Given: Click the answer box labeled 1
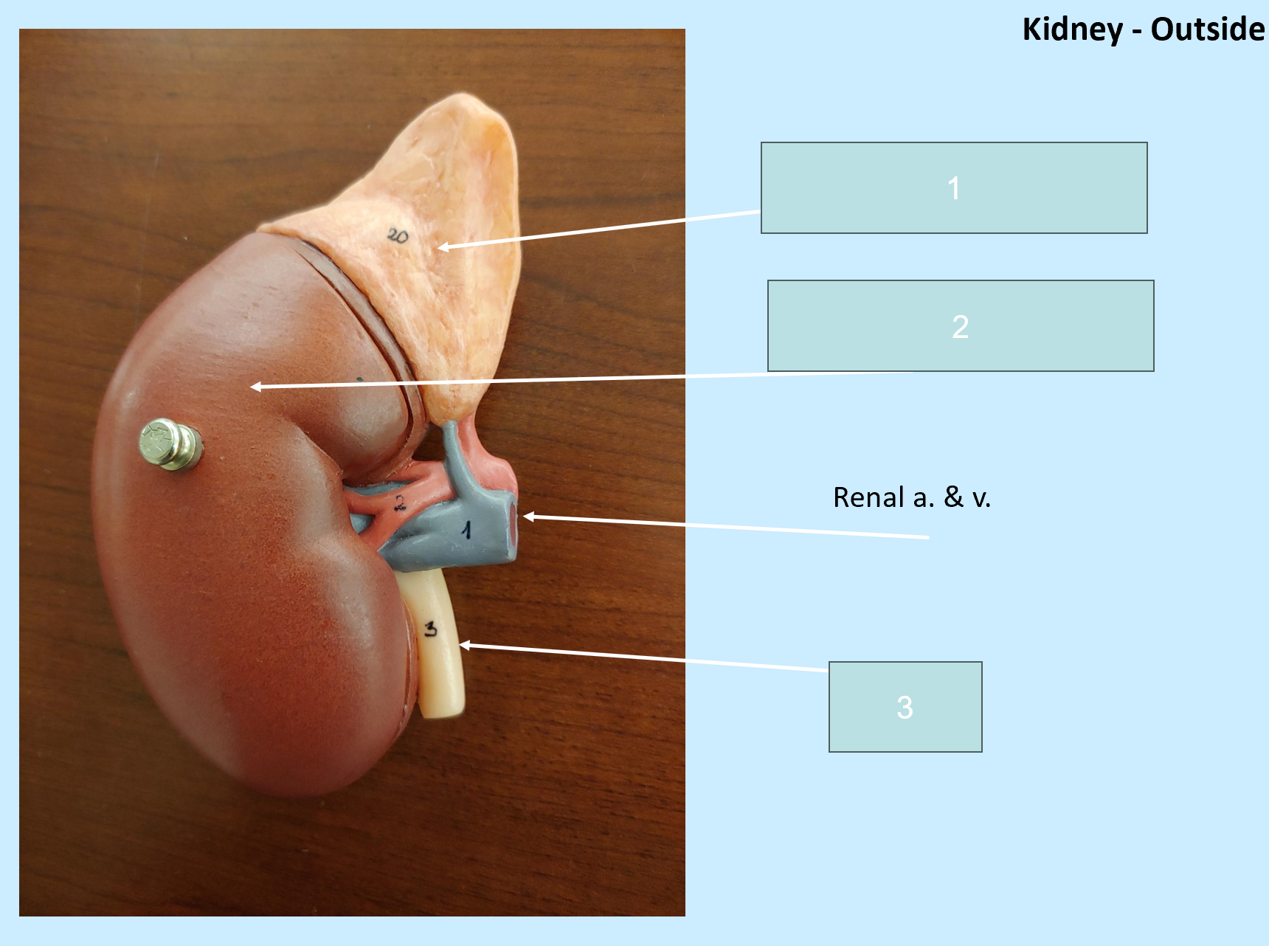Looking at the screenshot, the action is click(x=954, y=188).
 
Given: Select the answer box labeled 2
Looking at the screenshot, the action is click(x=961, y=325).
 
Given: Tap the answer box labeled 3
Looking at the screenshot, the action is click(x=905, y=707).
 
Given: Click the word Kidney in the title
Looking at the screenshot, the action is click(x=1072, y=30).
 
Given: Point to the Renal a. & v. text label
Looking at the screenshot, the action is click(x=912, y=497).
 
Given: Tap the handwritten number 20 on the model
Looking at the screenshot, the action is click(x=398, y=236).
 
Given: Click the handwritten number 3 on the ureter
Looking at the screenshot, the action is click(x=431, y=629).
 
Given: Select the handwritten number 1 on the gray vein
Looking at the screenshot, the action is click(x=466, y=529).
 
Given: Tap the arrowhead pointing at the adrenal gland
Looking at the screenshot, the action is click(x=443, y=246).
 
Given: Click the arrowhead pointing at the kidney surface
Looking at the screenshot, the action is click(x=256, y=386).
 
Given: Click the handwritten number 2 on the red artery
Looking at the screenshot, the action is click(x=400, y=503).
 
